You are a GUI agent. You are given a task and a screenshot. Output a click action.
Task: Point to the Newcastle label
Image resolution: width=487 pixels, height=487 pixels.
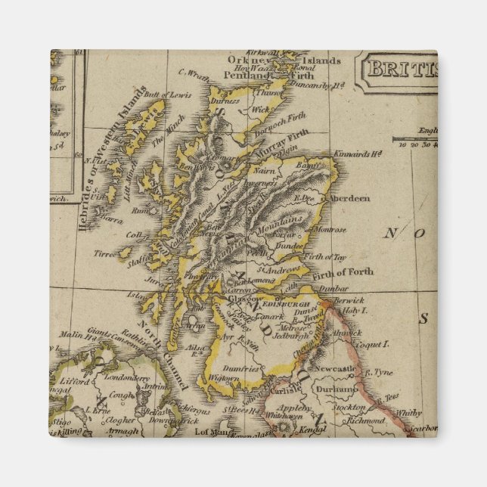(335, 368)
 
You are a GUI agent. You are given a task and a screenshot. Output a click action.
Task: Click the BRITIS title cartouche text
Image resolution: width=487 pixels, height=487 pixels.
(400, 70)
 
